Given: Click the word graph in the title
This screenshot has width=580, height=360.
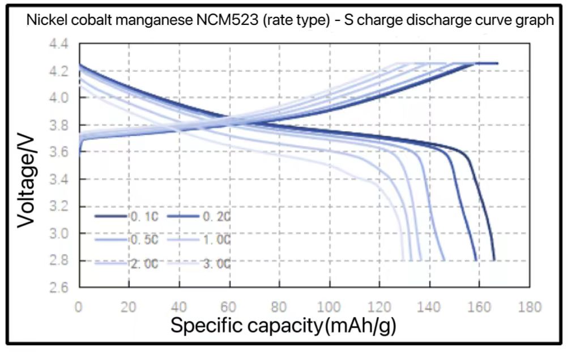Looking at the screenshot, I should [x=538, y=21].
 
